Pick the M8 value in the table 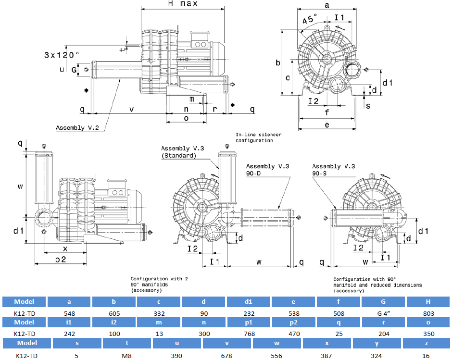[x=126, y=356]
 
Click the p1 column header [x=249, y=322]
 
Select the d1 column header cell [x=249, y=302]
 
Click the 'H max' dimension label [x=183, y=4]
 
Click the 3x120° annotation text [x=62, y=54]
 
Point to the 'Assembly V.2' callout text [x=77, y=128]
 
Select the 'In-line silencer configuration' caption [x=258, y=137]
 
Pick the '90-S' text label [x=319, y=173]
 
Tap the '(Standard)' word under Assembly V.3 [x=178, y=156]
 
